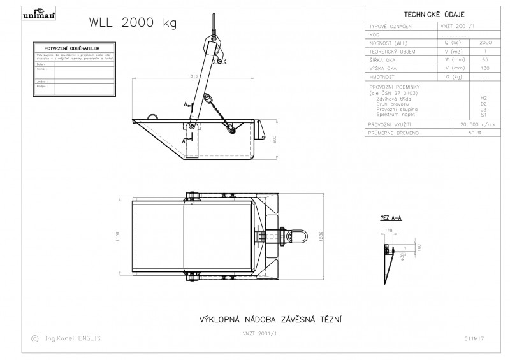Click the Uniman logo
point(43,15)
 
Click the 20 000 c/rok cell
point(471,124)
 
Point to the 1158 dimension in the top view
point(120,236)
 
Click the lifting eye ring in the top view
point(299,236)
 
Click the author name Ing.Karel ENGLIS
point(73,338)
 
